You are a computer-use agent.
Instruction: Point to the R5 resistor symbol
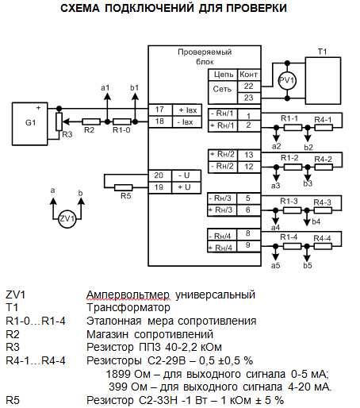(x=124, y=187)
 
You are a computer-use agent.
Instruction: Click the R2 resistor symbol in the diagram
(x=91, y=121)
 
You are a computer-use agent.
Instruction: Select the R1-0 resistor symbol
(x=122, y=121)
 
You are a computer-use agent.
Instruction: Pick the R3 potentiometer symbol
(x=59, y=121)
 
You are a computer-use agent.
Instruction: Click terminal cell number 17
(x=160, y=110)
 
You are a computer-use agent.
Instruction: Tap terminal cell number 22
(x=249, y=87)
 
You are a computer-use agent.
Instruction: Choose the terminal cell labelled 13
(x=249, y=155)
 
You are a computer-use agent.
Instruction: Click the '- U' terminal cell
(x=186, y=175)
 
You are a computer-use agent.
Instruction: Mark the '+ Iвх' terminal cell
(x=187, y=110)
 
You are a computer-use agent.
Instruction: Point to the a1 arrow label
(x=105, y=88)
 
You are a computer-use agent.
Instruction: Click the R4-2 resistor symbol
(x=324, y=167)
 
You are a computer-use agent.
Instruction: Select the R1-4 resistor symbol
(x=292, y=247)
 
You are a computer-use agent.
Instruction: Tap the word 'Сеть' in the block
(x=222, y=90)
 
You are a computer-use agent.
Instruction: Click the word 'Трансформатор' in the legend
(x=128, y=308)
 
